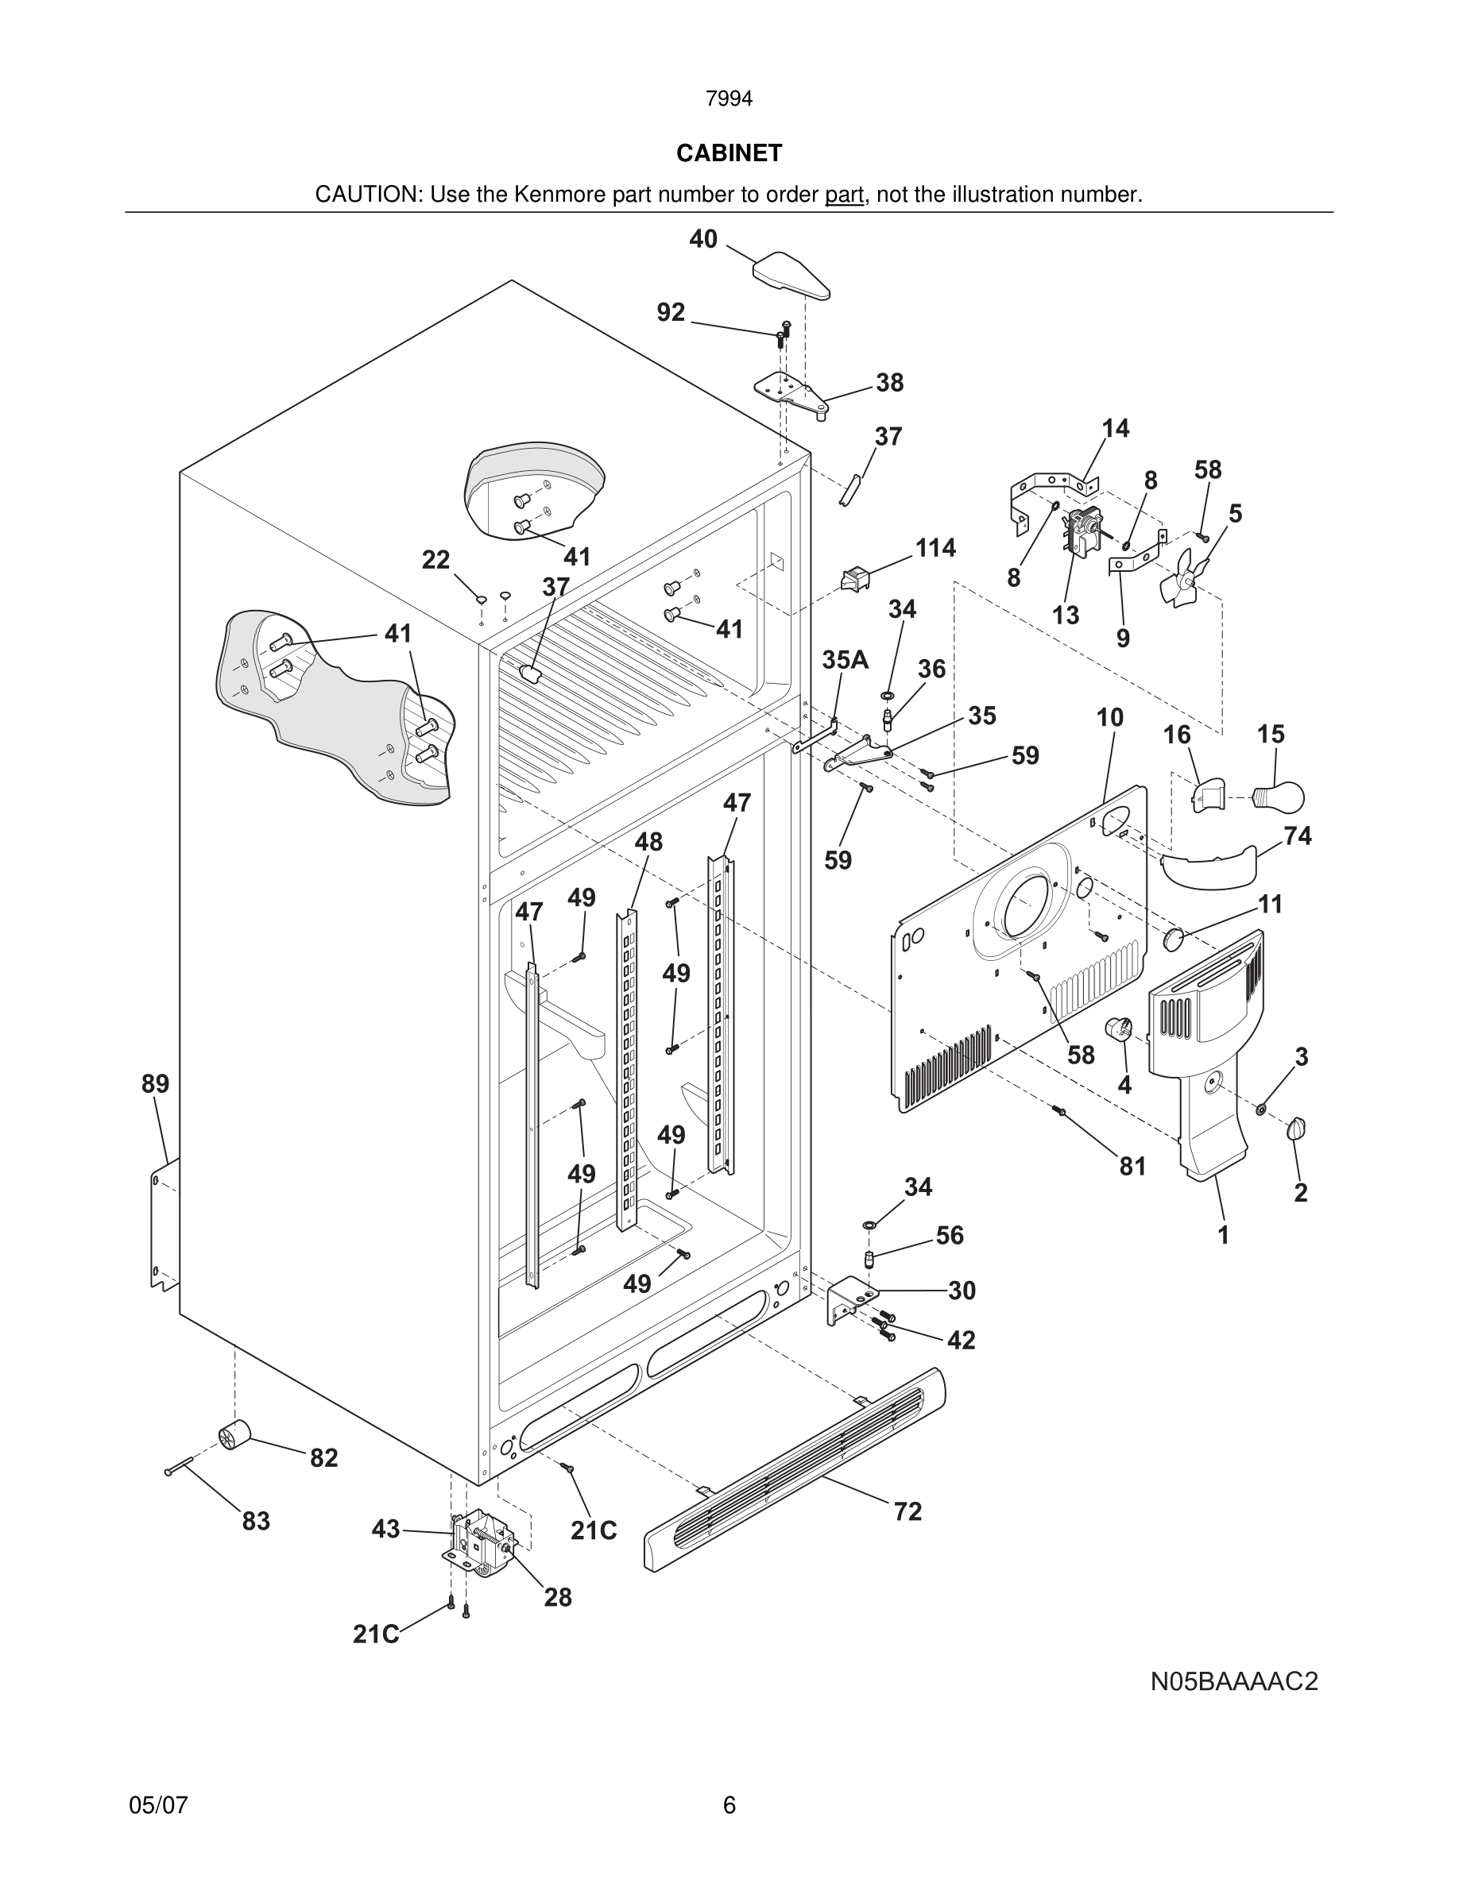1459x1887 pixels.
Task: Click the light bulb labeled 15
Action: (1281, 797)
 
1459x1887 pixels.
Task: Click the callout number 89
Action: (156, 1083)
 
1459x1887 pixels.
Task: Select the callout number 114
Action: (935, 548)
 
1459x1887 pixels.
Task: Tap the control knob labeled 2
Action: (1297, 1129)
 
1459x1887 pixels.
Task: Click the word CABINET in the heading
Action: (729, 153)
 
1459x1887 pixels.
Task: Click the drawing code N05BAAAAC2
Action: (1233, 1681)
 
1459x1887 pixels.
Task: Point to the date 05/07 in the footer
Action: (158, 1805)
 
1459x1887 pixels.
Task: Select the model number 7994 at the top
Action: (729, 99)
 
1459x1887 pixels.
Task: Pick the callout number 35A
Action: (845, 660)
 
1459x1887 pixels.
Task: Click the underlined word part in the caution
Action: (844, 195)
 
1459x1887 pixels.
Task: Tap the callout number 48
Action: (648, 842)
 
